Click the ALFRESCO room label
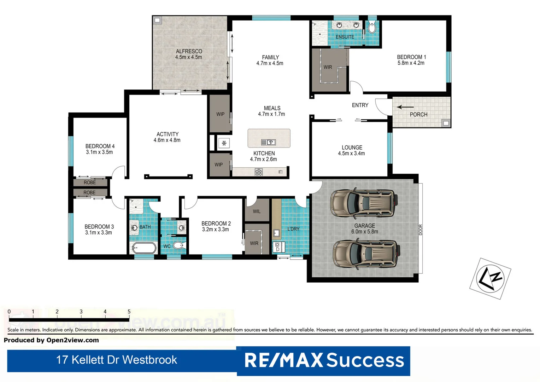point(189,51)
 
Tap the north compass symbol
point(490,278)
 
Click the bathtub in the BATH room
point(144,248)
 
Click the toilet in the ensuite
point(372,28)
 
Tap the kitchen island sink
point(268,142)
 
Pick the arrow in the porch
point(405,107)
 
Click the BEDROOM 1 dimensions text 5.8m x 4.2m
point(411,63)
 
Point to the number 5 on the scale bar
point(129,312)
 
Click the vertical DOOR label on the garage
point(421,230)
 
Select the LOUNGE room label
point(352,147)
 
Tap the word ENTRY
point(360,105)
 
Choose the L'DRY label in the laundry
point(293,229)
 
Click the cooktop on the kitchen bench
point(259,172)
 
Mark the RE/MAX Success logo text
point(324,360)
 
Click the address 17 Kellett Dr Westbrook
point(117,360)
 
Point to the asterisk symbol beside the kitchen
point(224,143)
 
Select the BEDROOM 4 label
point(100,146)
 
